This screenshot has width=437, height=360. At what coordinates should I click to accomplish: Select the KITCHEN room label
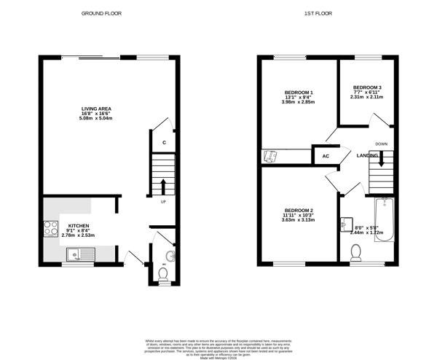tap(78, 226)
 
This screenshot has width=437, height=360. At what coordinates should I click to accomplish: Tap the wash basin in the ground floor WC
tap(169, 255)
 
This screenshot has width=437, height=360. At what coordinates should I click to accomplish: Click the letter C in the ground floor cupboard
tap(165, 142)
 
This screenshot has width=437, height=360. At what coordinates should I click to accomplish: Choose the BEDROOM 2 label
tap(299, 209)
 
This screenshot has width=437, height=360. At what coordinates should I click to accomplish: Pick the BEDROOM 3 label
tap(368, 87)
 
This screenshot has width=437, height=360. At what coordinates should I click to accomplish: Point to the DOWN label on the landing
tap(380, 144)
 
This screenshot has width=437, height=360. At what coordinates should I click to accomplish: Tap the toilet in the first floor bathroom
tap(356, 252)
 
